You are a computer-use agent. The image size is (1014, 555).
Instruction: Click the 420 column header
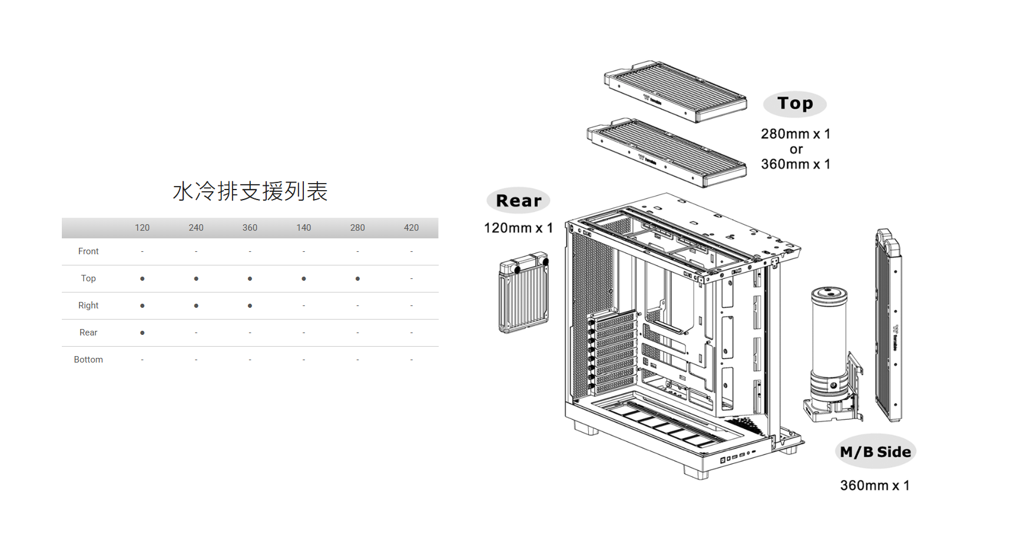coord(411,228)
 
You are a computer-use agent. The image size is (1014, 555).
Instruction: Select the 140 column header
coord(304,228)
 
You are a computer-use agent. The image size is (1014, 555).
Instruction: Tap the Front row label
coord(88,251)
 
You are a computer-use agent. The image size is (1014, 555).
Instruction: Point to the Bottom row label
coord(88,360)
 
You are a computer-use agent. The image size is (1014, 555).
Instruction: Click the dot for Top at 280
coord(357,278)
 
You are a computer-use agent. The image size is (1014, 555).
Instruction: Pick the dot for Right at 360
coord(250,305)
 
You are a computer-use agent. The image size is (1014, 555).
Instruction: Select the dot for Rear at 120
coord(143,333)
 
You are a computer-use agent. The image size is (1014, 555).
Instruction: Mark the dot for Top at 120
coord(143,278)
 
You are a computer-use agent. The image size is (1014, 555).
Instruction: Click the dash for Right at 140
coord(304,305)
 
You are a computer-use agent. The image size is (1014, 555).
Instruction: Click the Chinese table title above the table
coord(250,191)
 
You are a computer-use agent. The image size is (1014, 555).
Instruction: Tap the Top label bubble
coord(795,104)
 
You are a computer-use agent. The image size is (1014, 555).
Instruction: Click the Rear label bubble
coord(518,201)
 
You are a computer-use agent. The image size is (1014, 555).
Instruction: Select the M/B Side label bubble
coord(876,452)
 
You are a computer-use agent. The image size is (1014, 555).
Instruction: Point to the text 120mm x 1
coord(518,228)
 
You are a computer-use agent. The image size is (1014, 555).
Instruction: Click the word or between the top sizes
coord(796,149)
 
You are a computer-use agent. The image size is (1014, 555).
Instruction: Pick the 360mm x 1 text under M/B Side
coord(874,486)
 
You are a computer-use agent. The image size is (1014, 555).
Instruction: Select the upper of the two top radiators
coord(676,91)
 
